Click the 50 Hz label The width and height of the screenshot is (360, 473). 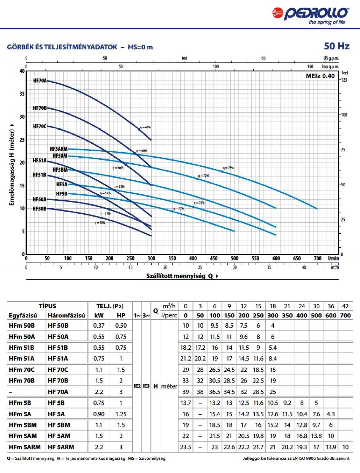coord(337,46)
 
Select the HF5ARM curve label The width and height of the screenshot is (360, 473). coord(59,149)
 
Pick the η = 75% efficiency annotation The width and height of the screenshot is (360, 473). coord(228,168)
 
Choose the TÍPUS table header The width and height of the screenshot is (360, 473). coord(47,306)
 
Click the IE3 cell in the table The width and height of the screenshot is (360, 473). coord(146,386)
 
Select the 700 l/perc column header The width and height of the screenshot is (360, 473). coord(346,315)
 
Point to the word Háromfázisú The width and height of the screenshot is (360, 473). coord(67,315)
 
